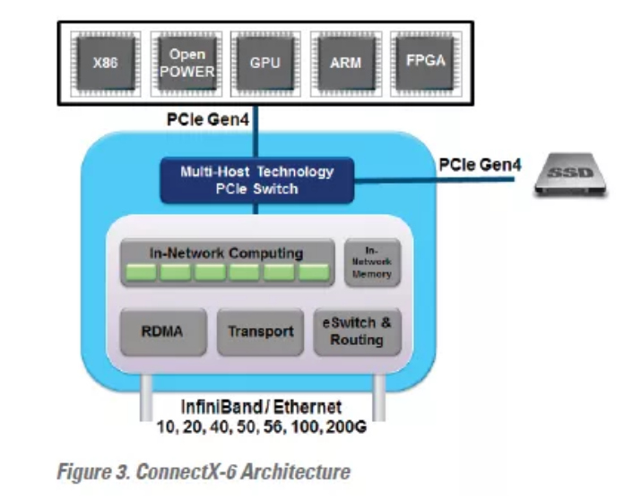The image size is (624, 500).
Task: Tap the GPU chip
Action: coord(259,64)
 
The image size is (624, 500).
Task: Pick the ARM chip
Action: coord(338,64)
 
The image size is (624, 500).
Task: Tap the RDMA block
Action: coord(163,332)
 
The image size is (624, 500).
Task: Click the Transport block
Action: coord(260,332)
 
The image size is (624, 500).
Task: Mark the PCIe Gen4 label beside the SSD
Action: coord(475,164)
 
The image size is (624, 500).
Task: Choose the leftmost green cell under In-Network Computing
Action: coord(139,272)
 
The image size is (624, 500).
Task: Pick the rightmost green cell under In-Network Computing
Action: coord(314,272)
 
